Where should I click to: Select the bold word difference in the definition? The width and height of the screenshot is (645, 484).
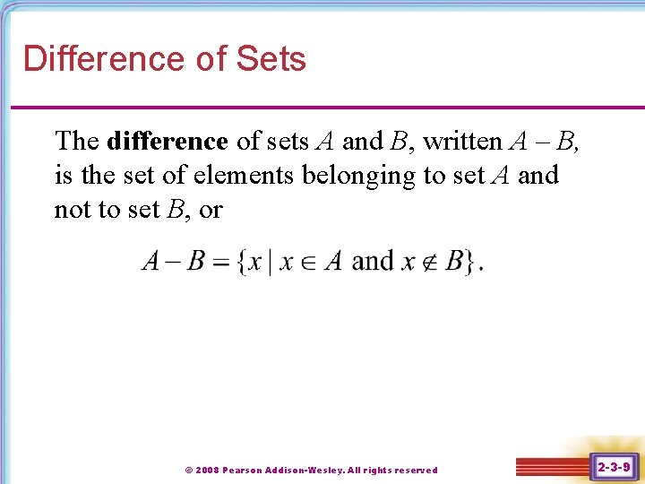pos(167,142)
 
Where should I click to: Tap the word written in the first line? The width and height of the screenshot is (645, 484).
pos(462,142)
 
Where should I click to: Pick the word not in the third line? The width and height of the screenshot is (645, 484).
pos(72,210)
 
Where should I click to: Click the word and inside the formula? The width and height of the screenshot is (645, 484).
pos(372,261)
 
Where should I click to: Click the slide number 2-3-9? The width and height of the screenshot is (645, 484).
pos(614,467)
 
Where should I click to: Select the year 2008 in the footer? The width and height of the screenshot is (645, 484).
pos(207,470)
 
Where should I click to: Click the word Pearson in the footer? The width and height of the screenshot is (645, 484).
pos(243,470)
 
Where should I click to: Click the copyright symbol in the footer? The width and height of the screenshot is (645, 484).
pos(188,470)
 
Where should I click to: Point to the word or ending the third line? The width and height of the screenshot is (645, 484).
pos(211,211)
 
